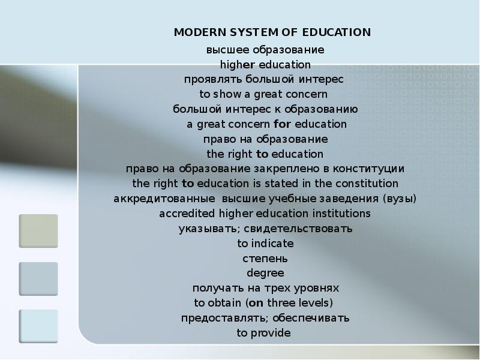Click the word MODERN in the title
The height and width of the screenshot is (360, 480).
click(x=196, y=32)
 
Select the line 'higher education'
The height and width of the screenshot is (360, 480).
click(x=265, y=64)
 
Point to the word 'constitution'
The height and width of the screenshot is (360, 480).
click(x=367, y=183)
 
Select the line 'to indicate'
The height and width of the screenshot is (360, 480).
click(x=265, y=244)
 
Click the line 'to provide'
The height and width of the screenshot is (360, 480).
click(x=263, y=333)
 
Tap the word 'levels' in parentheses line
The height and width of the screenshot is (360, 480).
click(x=313, y=303)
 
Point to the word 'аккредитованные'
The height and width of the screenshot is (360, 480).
click(x=155, y=199)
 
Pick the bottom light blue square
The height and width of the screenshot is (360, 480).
click(x=38, y=326)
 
